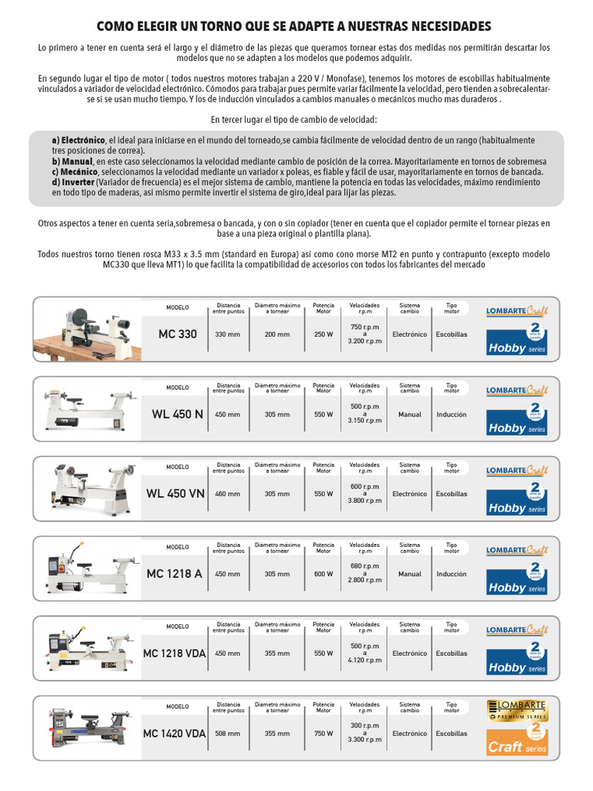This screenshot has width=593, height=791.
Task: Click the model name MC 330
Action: [178, 334]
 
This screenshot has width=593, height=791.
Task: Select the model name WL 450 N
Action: [178, 414]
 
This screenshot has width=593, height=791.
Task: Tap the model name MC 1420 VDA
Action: [175, 733]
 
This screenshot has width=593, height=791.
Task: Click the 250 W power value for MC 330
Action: [324, 334]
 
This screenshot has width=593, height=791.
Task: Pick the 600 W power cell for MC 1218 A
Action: [324, 574]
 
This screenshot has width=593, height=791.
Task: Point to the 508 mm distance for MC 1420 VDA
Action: [227, 733]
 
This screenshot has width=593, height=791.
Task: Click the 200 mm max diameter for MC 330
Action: [277, 334]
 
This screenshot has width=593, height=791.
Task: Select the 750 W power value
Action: [324, 733]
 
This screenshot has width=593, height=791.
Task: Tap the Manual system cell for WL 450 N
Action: [409, 414]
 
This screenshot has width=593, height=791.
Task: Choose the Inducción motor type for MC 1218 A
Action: [451, 574]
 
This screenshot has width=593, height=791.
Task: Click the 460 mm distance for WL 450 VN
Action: [227, 494]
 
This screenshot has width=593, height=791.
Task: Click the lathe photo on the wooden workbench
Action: [86, 328]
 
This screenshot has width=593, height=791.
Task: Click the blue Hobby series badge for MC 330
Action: [517, 341]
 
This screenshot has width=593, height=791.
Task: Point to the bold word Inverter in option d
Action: [77, 182]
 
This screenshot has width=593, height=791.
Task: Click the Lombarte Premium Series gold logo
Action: [517, 711]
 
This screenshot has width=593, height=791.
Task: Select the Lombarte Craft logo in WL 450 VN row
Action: [517, 470]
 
